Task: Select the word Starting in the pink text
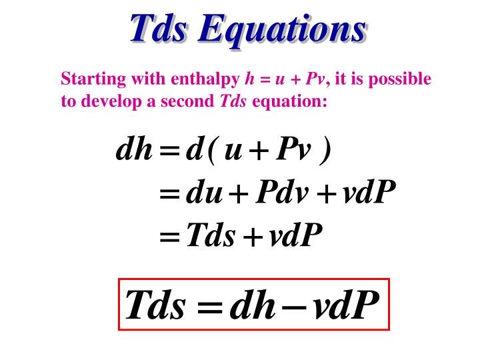point(87,80)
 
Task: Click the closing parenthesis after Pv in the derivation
point(325,153)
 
